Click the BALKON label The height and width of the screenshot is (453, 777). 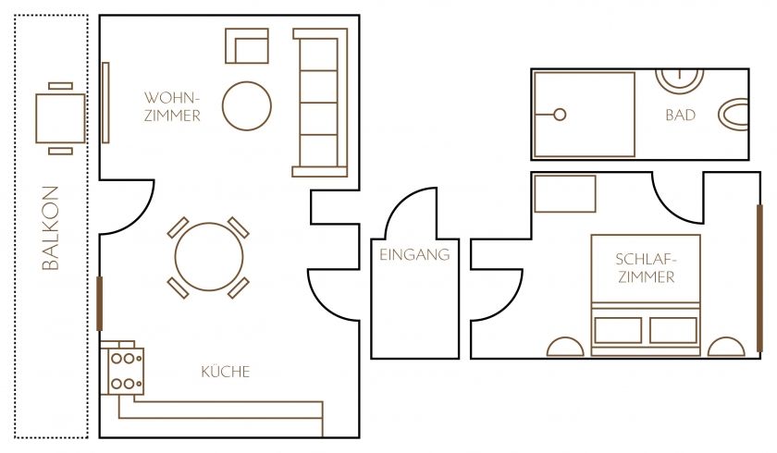51,227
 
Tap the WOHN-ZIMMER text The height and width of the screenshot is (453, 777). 172,106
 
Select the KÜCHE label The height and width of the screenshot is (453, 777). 226,372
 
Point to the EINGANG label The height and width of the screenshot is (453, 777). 414,254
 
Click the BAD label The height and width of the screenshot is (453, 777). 681,116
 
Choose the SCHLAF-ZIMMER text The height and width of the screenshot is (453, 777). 647,268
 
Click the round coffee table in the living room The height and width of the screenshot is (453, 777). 247,106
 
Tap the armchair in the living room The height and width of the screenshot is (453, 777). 247,46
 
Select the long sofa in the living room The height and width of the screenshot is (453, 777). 320,103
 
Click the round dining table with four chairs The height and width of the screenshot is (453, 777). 209,257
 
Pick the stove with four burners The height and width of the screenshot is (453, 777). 126,371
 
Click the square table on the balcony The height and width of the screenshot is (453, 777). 60,119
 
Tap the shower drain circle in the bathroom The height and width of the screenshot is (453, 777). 560,115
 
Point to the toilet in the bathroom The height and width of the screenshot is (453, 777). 734,115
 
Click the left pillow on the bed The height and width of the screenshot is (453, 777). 618,330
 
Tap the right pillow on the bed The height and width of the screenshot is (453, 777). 673,330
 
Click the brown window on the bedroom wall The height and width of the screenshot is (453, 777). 759,278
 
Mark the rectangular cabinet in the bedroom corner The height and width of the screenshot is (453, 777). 565,193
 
